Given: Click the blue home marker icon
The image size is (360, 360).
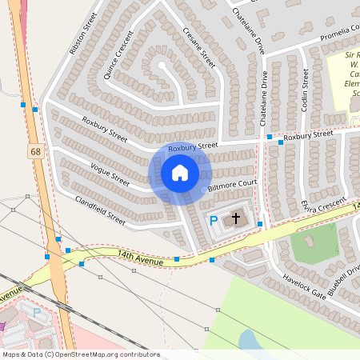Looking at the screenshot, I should pos(180,173).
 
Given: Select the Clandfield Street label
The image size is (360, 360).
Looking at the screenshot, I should pos(100,209).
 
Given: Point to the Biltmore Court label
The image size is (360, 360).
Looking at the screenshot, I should pos(230,187).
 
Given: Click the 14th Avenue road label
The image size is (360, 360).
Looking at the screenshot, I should pos(141,258).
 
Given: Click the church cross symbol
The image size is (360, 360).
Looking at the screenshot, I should pos(235,218).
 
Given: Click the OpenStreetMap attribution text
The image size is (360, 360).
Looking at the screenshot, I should pos(80,354).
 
